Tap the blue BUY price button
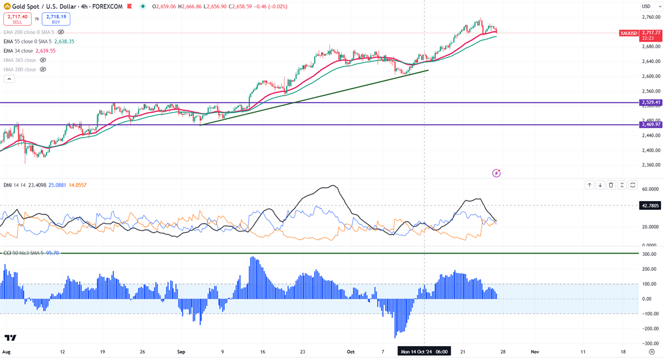point(56,19)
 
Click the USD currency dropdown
point(646,6)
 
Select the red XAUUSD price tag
point(629,33)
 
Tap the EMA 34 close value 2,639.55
point(45,51)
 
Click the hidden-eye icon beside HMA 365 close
point(43,60)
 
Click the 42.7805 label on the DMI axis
point(649,205)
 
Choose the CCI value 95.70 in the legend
point(52,253)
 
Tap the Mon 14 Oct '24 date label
point(424,352)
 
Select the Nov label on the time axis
point(535,352)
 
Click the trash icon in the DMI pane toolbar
point(611,185)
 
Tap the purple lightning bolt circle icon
point(496,173)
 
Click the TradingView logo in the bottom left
point(10,338)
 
